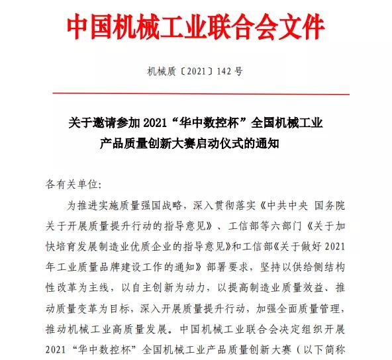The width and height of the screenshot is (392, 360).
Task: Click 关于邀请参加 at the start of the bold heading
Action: [99, 122]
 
